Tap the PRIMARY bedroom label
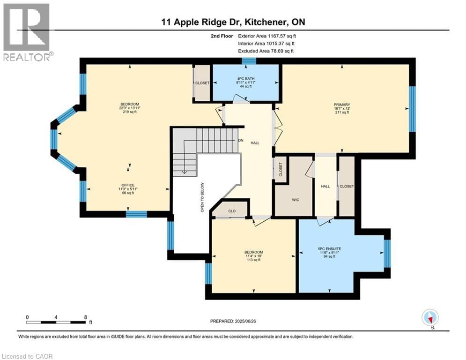[342, 105]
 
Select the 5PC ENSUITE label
[330, 248]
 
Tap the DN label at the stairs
[241, 140]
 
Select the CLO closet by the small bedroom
[232, 211]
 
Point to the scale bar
[57, 322]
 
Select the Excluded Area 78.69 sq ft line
[266, 51]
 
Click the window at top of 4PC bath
[249, 61]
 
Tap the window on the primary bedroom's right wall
[412, 109]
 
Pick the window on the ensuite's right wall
[387, 253]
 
